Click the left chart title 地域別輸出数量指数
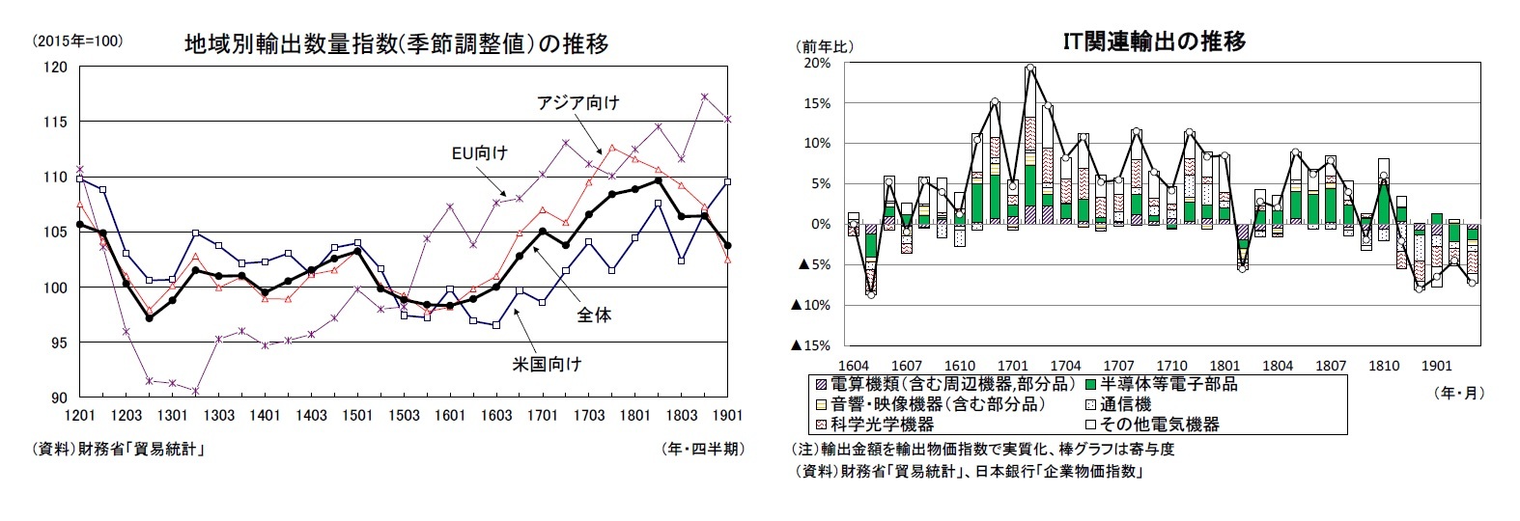pyautogui.click(x=396, y=44)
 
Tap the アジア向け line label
pyautogui.click(x=577, y=103)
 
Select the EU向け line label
pyautogui.click(x=479, y=152)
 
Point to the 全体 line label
pyautogui.click(x=594, y=315)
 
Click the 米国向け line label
pyautogui.click(x=548, y=364)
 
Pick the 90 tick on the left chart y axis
pyautogui.click(x=60, y=398)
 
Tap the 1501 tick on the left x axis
pyautogui.click(x=357, y=416)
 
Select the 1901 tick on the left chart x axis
pyautogui.click(x=727, y=416)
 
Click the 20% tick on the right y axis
pyautogui.click(x=817, y=64)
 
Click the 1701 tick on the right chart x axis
pyautogui.click(x=1012, y=366)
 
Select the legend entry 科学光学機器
pyautogui.click(x=882, y=424)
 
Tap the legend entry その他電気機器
pyautogui.click(x=1159, y=424)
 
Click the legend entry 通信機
pyautogui.click(x=1125, y=404)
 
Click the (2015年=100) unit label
pyautogui.click(x=77, y=41)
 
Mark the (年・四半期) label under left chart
pyautogui.click(x=702, y=449)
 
